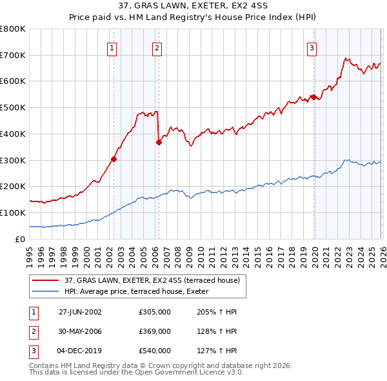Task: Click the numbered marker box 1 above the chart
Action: click(x=112, y=47)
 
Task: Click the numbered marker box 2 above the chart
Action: click(x=157, y=47)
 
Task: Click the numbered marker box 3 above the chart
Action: click(x=312, y=47)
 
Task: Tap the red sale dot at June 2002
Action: click(x=114, y=159)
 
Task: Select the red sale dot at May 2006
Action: click(x=158, y=142)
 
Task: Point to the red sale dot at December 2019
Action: click(x=313, y=97)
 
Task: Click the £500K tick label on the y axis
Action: click(x=12, y=108)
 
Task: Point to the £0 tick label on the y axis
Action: click(x=19, y=239)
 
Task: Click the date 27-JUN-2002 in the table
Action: click(x=80, y=312)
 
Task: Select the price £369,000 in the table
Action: click(x=155, y=331)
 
